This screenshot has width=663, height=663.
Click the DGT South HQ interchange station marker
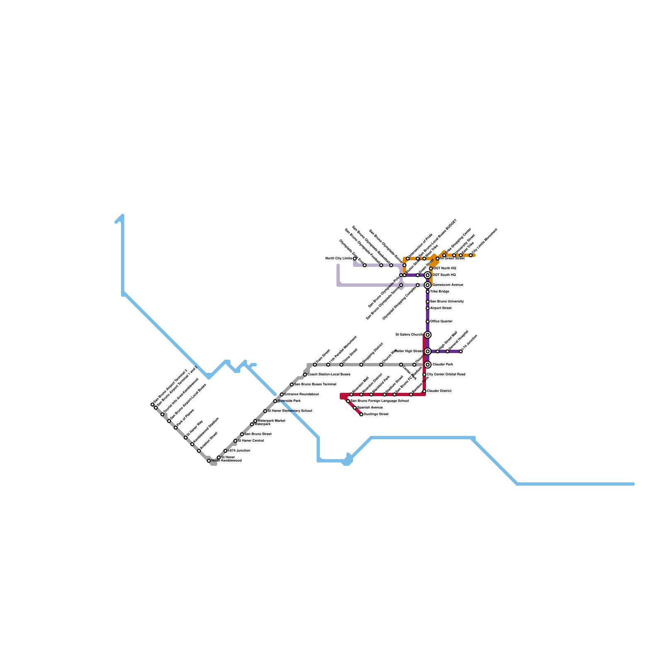click(x=428, y=275)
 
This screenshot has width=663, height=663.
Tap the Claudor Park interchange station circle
click(x=428, y=365)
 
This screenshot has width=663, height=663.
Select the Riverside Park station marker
click(x=275, y=401)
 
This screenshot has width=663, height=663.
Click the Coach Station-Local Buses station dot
click(x=305, y=375)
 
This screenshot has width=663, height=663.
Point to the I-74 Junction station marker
click(x=461, y=351)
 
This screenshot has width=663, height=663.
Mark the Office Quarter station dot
click(x=428, y=322)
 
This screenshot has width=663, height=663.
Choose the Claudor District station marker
click(x=424, y=391)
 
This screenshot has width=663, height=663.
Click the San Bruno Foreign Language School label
click(x=380, y=401)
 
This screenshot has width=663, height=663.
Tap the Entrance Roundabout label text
click(x=301, y=394)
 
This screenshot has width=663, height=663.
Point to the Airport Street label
click(x=440, y=308)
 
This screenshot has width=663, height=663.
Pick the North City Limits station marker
click(x=355, y=259)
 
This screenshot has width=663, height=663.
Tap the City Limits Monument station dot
click(x=471, y=255)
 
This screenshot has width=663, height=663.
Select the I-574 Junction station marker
click(x=225, y=451)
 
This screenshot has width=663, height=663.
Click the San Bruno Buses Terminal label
click(x=315, y=385)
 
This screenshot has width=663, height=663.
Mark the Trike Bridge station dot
click(x=428, y=292)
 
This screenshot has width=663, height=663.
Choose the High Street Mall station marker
click(x=438, y=351)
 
